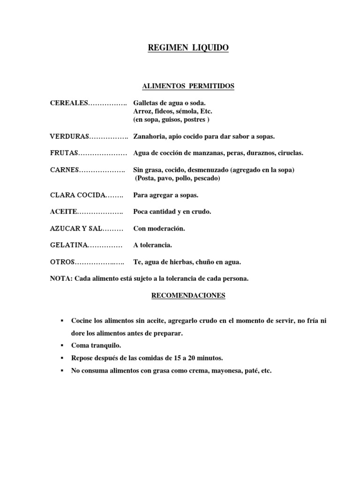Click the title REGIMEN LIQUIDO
pyautogui.click(x=182, y=48)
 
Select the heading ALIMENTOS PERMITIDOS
pyautogui.click(x=181, y=86)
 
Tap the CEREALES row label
pyautogui.click(x=69, y=103)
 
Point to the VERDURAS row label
pyautogui.click(x=69, y=136)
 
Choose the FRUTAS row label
pyautogui.click(x=64, y=153)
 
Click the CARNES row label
pyautogui.click(x=65, y=170)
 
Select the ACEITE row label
pyautogui.click(x=63, y=212)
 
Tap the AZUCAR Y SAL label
pyautogui.click(x=75, y=229)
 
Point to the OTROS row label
pyautogui.click(x=62, y=262)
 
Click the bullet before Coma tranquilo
pyautogui.click(x=62, y=345)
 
